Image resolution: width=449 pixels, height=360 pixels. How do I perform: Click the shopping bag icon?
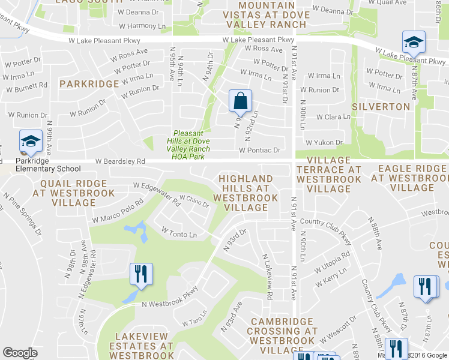240,102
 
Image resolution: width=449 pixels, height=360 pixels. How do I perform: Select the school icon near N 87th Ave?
414,43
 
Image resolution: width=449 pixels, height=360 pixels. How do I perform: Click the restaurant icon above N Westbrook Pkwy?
141,275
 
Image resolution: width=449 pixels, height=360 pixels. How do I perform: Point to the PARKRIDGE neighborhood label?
89,84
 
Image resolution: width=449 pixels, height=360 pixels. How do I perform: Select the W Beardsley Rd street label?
120,161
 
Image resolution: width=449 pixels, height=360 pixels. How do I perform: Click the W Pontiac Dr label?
259,151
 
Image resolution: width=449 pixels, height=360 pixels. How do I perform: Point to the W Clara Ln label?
333,117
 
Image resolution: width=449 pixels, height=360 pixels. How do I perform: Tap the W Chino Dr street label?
194,200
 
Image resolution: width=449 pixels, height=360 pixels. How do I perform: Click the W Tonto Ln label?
179,232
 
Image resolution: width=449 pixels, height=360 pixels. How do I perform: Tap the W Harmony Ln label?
142,26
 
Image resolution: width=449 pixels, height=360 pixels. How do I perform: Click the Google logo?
20,353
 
